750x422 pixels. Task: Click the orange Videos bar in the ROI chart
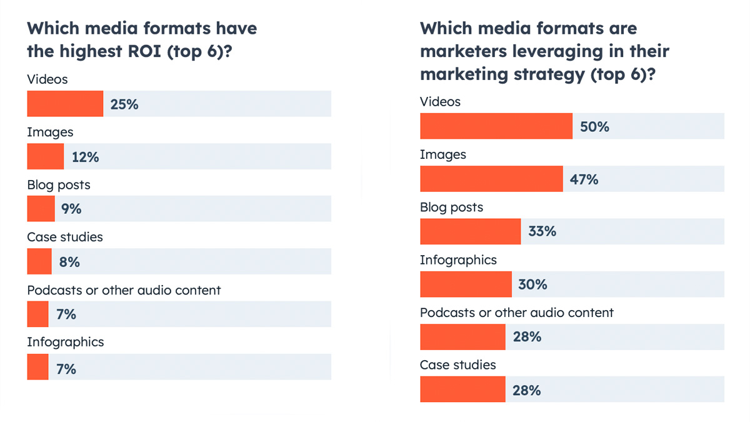coord(65,104)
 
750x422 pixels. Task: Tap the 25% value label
coord(124,104)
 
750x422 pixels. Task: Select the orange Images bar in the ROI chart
coord(46,156)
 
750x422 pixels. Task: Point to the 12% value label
coord(85,157)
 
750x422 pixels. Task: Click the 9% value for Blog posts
coord(71,209)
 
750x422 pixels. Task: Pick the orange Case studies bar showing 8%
coord(39,261)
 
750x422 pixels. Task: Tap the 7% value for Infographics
coord(66,369)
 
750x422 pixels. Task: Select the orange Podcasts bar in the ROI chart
coord(37,314)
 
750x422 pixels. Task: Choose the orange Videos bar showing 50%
coord(496,126)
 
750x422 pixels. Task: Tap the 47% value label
coord(584,179)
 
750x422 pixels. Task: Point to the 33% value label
coord(541,231)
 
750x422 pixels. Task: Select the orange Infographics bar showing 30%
coord(466,284)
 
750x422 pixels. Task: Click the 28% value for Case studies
coord(526,391)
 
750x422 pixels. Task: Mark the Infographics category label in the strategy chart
coord(458,260)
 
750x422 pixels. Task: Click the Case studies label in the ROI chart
coord(65,237)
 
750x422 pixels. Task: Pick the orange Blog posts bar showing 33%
coord(470,231)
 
